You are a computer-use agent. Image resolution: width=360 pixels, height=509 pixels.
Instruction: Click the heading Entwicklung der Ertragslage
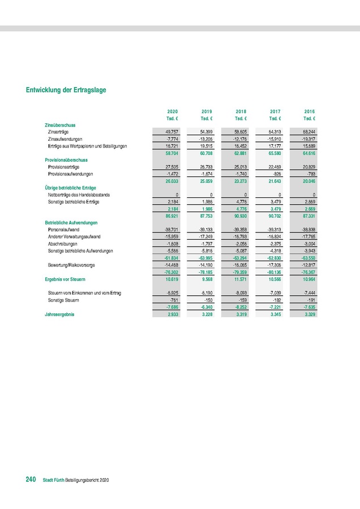coord(66,90)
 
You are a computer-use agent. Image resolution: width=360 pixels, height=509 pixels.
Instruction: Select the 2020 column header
coord(173,111)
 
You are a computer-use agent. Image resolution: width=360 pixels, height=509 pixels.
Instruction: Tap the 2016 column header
coord(310,111)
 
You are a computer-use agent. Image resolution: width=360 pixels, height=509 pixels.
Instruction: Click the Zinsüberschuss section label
coord(60,124)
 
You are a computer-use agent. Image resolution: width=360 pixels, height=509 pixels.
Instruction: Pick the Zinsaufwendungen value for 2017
coord(275,139)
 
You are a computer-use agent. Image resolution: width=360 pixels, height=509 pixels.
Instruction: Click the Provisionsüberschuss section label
coord(66,160)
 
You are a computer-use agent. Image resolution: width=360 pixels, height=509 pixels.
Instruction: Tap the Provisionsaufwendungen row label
coord(71,174)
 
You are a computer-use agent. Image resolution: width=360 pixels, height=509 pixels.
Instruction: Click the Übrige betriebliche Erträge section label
coord(70,187)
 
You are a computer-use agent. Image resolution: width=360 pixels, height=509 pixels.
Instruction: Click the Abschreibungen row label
coord(63,243)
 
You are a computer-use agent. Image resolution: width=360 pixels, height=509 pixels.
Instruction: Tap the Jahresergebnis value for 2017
coord(275,314)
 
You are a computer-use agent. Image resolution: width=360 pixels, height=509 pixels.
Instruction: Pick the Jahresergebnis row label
coord(59,314)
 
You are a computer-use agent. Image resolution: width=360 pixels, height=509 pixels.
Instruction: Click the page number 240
coord(31,480)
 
